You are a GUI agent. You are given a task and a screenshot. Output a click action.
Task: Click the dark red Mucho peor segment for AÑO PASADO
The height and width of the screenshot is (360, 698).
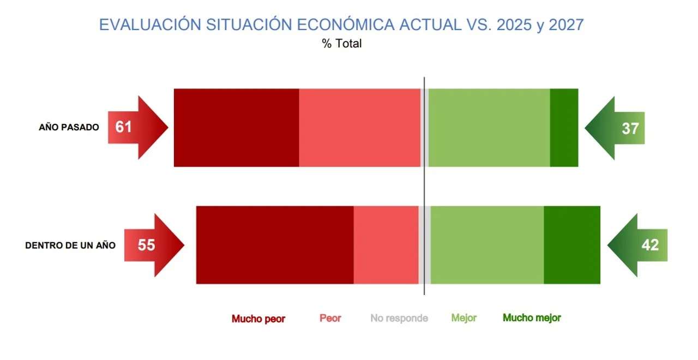pos(237,128)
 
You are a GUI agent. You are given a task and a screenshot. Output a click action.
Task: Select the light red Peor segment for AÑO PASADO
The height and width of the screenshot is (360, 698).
pos(359,128)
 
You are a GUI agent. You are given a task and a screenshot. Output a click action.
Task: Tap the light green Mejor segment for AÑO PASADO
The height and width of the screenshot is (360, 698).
pos(489,128)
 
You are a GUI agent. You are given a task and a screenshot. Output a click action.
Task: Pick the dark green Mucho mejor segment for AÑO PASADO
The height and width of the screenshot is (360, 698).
pos(564,128)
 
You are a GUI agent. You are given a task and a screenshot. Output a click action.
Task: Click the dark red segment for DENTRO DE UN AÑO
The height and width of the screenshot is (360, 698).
pos(275,245)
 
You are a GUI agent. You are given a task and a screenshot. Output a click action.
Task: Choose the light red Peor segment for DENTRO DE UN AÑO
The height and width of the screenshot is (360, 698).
pos(386,245)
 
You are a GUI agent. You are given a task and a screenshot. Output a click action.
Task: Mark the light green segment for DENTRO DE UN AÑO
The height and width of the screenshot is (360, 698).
pos(488,245)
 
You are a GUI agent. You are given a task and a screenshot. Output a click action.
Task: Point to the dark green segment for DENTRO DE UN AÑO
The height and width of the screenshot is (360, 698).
pos(572,245)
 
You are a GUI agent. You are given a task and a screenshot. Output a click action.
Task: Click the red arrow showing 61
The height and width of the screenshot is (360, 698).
pos(138,128)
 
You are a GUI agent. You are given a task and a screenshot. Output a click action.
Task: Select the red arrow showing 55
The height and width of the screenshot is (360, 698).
pos(154,245)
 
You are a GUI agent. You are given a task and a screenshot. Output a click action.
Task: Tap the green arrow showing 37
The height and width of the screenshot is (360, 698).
pos(615,128)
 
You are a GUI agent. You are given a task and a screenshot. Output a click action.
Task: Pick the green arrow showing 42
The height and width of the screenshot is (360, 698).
pos(637,245)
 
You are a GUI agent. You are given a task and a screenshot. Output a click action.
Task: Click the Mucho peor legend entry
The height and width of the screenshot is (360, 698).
pos(258,319)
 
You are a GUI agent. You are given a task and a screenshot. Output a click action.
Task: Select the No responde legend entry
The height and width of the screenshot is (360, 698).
pos(399,318)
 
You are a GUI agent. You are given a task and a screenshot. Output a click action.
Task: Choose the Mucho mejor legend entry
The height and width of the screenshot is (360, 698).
pos(532,318)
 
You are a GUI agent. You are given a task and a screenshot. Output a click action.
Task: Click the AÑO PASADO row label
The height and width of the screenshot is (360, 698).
pos(69,128)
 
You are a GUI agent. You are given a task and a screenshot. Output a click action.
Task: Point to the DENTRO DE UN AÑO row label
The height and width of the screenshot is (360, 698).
pos(70,245)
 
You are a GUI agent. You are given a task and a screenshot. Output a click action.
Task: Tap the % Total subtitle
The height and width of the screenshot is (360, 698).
pos(342,43)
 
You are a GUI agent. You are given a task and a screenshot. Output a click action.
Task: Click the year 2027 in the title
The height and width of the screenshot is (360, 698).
pos(566,25)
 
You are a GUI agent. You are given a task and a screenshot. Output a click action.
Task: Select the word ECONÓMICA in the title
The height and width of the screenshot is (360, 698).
pos(346,25)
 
